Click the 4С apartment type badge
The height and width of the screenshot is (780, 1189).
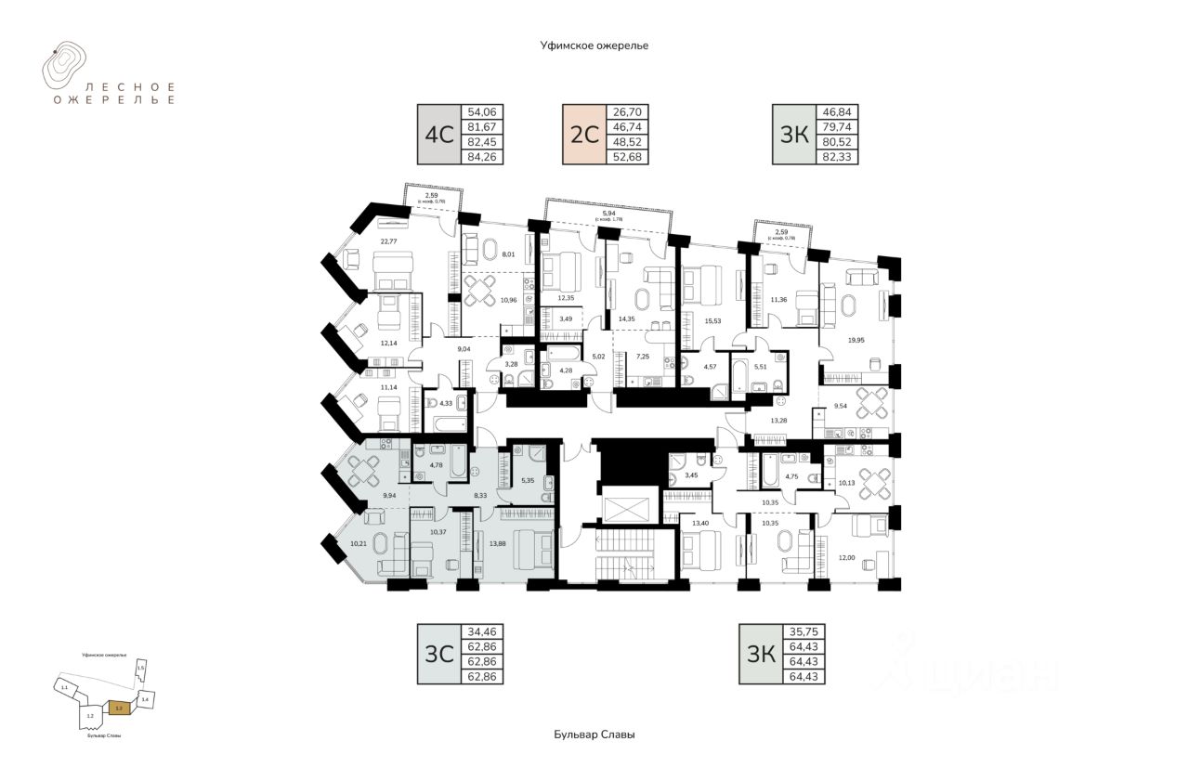tap(438, 135)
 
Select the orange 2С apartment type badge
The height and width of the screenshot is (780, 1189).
tap(583, 135)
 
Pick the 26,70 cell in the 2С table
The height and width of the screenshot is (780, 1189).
tap(627, 111)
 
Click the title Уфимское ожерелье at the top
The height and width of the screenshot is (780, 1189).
tap(594, 45)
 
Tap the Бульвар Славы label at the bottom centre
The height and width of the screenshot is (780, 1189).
tap(594, 734)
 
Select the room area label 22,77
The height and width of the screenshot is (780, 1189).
tap(389, 242)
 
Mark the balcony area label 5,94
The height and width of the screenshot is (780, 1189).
tap(608, 213)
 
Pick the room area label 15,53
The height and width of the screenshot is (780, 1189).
tap(713, 320)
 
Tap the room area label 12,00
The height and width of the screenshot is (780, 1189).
tap(846, 557)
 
